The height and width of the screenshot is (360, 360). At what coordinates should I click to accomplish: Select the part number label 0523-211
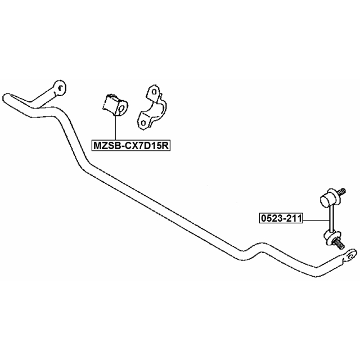click(x=279, y=218)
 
